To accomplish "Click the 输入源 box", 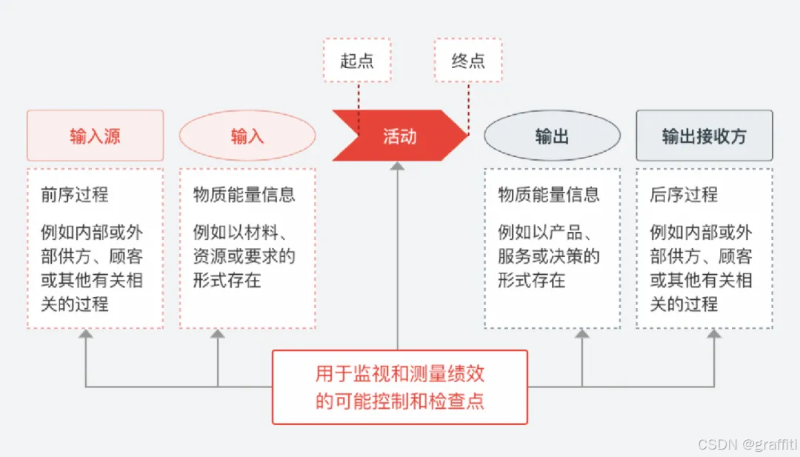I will pyautogui.click(x=95, y=136).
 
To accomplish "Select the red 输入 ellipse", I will pyautogui.click(x=247, y=136).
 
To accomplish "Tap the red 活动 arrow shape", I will pyautogui.click(x=400, y=136).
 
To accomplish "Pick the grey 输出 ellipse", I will pyautogui.click(x=552, y=136).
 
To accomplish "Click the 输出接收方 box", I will pyautogui.click(x=704, y=136).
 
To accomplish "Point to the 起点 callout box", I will pyautogui.click(x=357, y=60).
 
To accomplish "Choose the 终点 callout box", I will pyautogui.click(x=467, y=60).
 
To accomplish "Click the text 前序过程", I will pyautogui.click(x=74, y=195).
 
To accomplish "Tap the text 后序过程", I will pyautogui.click(x=684, y=195).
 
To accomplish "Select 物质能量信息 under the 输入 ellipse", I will pyautogui.click(x=244, y=195).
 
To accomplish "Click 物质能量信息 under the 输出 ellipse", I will pyautogui.click(x=549, y=195).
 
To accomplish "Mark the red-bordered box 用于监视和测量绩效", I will pyautogui.click(x=400, y=387).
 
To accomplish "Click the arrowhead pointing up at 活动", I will pyautogui.click(x=398, y=167).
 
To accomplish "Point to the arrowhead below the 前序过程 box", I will pyautogui.click(x=86, y=335).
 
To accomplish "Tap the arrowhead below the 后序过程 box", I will pyautogui.click(x=714, y=335).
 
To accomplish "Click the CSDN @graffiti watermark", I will pyautogui.click(x=745, y=444).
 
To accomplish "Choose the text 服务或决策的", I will pyautogui.click(x=549, y=256).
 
